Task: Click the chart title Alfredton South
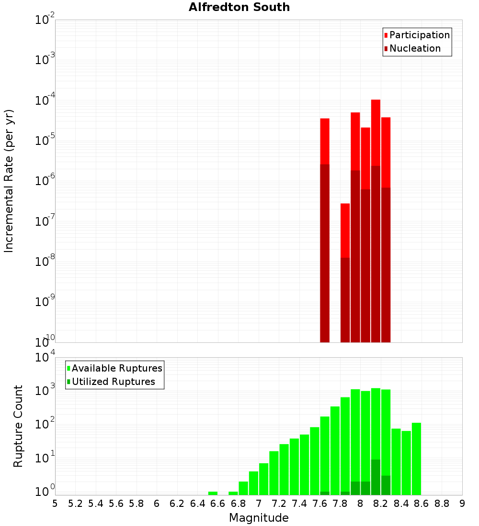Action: coord(239,7)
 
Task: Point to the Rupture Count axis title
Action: coord(18,426)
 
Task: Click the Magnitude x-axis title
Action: coord(259,518)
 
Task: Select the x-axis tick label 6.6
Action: coord(218,504)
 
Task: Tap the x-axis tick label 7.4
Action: coord(299,504)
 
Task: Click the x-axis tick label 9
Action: coord(462,504)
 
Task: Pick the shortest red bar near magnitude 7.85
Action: coord(345,230)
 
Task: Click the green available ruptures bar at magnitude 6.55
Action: coord(213,493)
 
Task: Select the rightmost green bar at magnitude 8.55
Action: coord(416,459)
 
